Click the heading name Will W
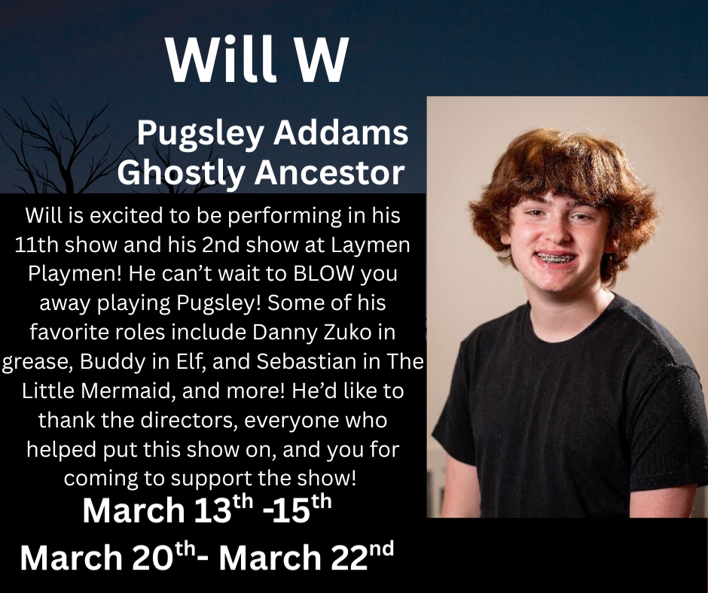[257, 59]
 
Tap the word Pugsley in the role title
[200, 135]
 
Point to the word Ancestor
[330, 173]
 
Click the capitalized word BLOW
[324, 275]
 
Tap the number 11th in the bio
[38, 245]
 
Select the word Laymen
[371, 246]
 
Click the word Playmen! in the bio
[75, 275]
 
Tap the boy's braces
[555, 259]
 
